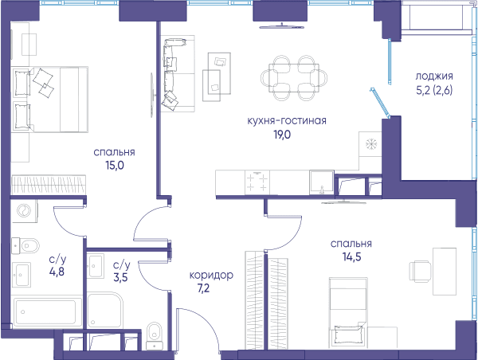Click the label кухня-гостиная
[287, 121]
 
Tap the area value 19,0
[282, 135]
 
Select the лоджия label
[434, 76]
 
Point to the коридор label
[211, 276]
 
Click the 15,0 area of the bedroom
[115, 165]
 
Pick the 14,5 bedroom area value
[352, 257]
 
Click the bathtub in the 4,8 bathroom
[45, 312]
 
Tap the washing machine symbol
[24, 211]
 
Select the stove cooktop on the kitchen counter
[257, 182]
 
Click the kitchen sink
[322, 182]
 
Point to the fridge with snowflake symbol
[370, 143]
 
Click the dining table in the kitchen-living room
[294, 78]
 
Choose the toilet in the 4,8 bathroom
[25, 245]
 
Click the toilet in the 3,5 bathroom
[155, 335]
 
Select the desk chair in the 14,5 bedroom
[420, 272]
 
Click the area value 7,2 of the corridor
[204, 288]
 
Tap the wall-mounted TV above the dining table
[282, 27]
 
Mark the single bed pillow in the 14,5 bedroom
[350, 334]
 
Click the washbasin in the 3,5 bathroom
[96, 266]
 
